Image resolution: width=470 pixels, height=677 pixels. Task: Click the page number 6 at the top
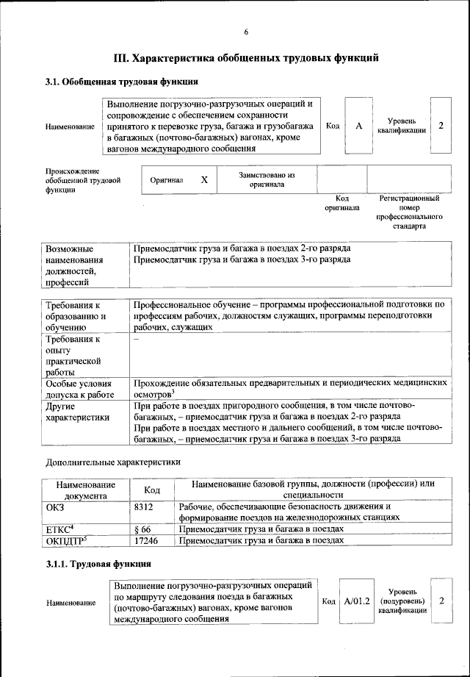[x=246, y=31]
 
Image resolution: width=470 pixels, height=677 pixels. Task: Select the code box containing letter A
[x=358, y=126]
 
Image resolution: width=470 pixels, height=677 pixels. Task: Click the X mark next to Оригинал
[x=204, y=179]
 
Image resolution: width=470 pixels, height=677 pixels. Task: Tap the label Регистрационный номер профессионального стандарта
[x=409, y=212]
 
